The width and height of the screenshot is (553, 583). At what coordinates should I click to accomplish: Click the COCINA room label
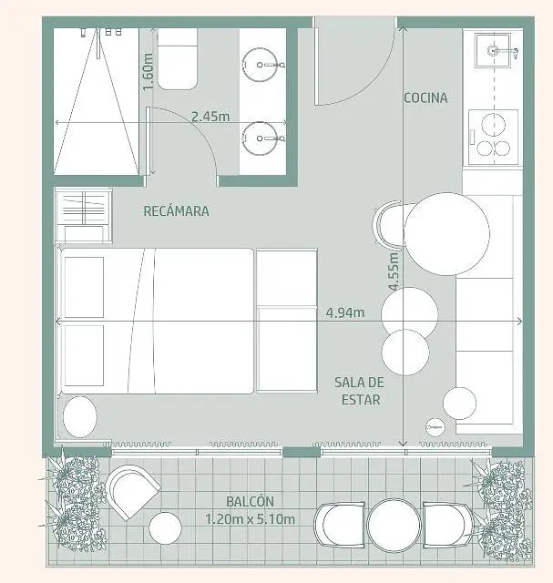tap(425, 97)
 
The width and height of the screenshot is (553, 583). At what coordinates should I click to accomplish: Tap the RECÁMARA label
tap(176, 211)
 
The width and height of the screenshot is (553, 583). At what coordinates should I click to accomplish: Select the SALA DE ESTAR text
tap(359, 391)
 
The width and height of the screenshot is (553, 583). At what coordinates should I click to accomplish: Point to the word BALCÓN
tap(250, 501)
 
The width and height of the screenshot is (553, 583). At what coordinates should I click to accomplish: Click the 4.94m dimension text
tap(345, 312)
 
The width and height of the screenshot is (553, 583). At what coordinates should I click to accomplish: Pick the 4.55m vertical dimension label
tap(394, 271)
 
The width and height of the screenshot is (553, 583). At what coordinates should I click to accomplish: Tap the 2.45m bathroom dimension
tap(210, 117)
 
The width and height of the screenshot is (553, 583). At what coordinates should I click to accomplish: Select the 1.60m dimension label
tap(148, 72)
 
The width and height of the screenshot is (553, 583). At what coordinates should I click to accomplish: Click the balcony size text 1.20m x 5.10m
tap(250, 519)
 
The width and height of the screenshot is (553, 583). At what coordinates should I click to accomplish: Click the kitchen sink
tap(493, 50)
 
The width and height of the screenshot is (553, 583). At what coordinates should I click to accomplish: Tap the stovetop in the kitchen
tap(493, 137)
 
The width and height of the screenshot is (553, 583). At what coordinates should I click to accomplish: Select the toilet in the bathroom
tap(178, 59)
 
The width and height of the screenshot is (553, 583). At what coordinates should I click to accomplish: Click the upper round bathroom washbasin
tap(260, 65)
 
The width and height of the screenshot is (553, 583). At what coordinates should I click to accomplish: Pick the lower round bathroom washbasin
tap(260, 138)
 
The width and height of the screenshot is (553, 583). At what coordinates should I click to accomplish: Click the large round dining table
tap(446, 234)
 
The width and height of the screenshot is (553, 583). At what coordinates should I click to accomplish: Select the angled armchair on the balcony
tap(132, 492)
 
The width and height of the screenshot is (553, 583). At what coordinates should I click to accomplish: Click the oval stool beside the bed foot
tap(80, 417)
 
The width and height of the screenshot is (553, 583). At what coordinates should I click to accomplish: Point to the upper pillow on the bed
tap(84, 287)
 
